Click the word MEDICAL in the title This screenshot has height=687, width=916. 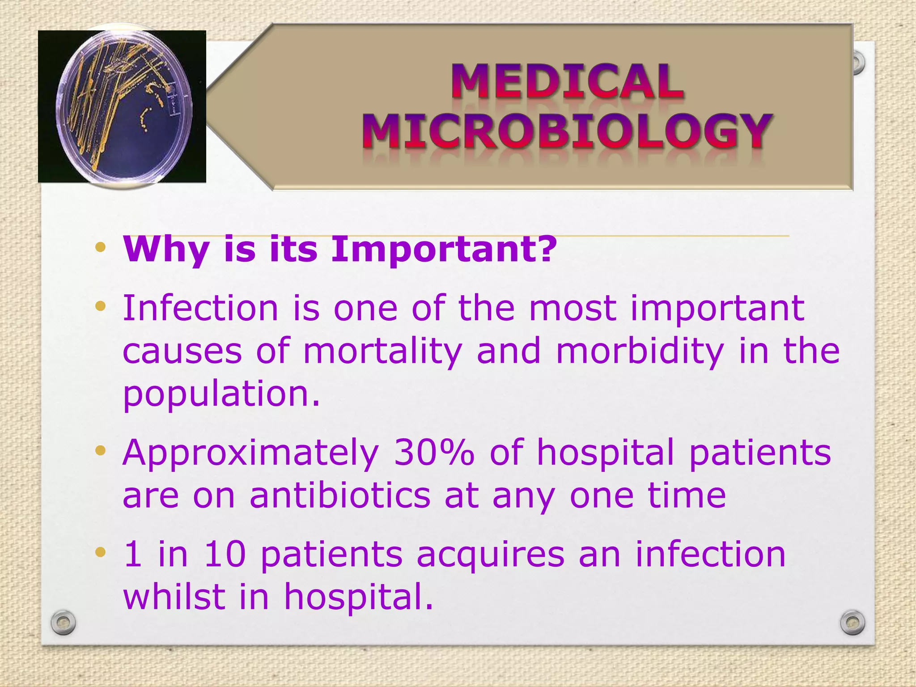567,81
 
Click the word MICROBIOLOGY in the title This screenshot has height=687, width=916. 567,131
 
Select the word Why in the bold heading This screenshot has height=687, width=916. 165,250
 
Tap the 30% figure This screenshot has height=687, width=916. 434,453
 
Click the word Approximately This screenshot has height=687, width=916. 250,454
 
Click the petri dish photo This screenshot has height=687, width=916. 122,106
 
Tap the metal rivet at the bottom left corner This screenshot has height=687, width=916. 63,622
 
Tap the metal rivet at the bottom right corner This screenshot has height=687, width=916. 852,622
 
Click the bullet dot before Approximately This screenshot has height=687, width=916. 101,451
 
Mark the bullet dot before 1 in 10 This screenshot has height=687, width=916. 101,553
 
